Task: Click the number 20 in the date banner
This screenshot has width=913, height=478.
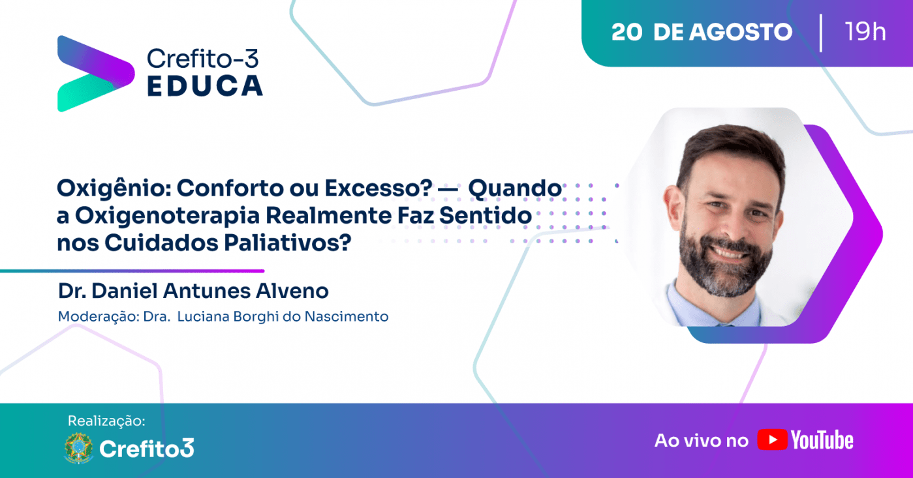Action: (627, 32)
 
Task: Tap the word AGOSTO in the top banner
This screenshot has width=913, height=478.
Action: (741, 32)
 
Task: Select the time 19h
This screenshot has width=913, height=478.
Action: (865, 31)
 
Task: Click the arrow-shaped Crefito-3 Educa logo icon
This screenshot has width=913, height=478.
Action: (96, 74)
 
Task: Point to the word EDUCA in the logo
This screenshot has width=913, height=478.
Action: (205, 85)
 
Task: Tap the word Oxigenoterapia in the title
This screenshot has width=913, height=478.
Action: (167, 216)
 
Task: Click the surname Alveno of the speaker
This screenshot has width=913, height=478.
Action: (292, 291)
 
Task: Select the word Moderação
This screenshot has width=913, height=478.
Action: (99, 317)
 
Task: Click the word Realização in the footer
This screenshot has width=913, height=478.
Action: (106, 421)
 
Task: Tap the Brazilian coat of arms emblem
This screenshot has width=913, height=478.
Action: (78, 448)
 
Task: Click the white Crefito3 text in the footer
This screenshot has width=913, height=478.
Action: (147, 449)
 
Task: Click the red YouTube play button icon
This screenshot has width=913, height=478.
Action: (772, 440)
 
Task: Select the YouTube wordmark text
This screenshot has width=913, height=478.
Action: (822, 440)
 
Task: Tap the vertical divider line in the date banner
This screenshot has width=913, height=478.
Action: (820, 33)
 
